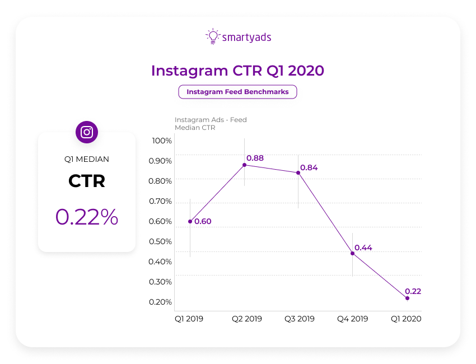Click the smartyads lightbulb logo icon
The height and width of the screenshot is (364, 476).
pos(212,36)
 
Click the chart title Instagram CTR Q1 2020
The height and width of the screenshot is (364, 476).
pos(237,71)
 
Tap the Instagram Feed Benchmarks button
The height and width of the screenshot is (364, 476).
pos(237,92)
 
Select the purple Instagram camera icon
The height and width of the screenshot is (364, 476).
pos(87,132)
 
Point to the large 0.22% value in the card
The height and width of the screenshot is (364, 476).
pos(87,217)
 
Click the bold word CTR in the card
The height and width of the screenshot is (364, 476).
pos(87,181)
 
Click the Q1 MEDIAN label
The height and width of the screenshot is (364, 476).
pos(87,159)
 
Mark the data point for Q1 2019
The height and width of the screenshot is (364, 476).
pos(190,221)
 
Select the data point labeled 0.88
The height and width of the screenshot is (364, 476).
pos(244,165)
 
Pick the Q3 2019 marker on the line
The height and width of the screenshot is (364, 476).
pos(298,172)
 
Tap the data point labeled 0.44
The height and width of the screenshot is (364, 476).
pos(352,254)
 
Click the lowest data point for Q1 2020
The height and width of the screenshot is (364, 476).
pos(407,298)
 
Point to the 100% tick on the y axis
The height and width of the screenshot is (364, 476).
pos(162,141)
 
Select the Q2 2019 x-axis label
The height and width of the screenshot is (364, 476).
pos(247,319)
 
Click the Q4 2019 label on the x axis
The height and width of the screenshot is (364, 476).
pos(352,319)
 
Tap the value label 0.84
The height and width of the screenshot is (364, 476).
pos(309,168)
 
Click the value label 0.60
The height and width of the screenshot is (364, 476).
pos(203,222)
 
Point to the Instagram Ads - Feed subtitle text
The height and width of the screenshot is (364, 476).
pos(211,120)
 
